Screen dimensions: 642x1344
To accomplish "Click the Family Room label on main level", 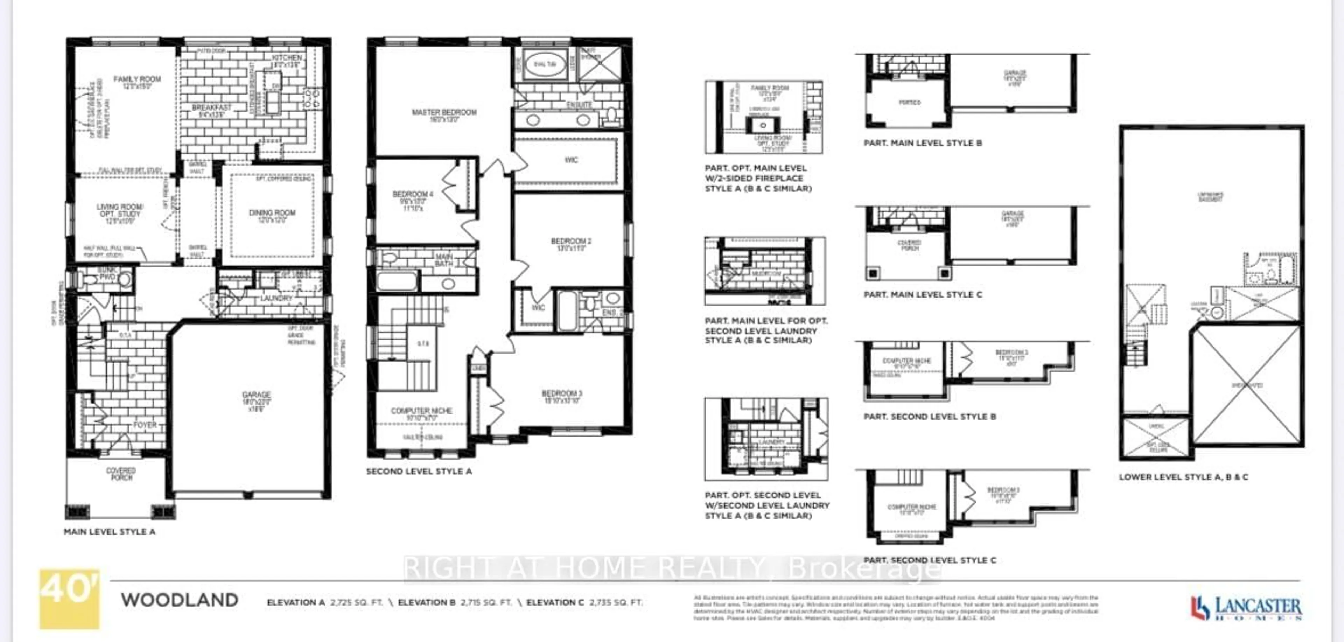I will [137, 80].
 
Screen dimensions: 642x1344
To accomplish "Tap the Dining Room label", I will [272, 213].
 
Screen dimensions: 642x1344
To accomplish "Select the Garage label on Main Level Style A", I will [256, 395].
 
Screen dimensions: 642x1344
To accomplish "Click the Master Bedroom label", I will [444, 112].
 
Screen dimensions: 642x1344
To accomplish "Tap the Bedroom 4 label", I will [413, 195].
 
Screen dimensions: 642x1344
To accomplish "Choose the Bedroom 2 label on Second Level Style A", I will [571, 242].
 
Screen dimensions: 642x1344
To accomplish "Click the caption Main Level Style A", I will [110, 532].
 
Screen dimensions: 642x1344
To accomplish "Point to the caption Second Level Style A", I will [419, 471].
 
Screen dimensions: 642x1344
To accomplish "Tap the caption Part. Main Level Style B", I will [923, 143].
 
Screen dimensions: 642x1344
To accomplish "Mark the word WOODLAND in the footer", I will [180, 600].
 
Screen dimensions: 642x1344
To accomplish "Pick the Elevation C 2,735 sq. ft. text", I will [584, 602].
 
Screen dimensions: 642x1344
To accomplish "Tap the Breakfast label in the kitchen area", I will [211, 107].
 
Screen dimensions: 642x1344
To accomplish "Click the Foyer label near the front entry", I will [145, 425].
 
